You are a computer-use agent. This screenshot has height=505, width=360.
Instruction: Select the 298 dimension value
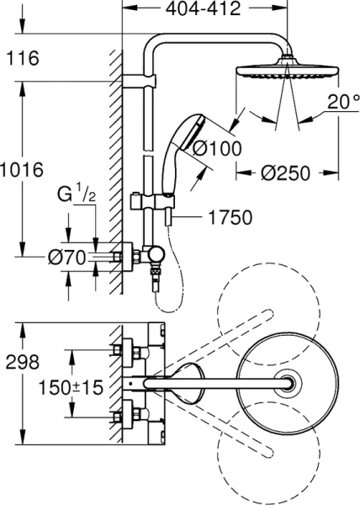click(22, 363)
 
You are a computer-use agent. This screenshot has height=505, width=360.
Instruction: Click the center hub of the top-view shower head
click(290, 382)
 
